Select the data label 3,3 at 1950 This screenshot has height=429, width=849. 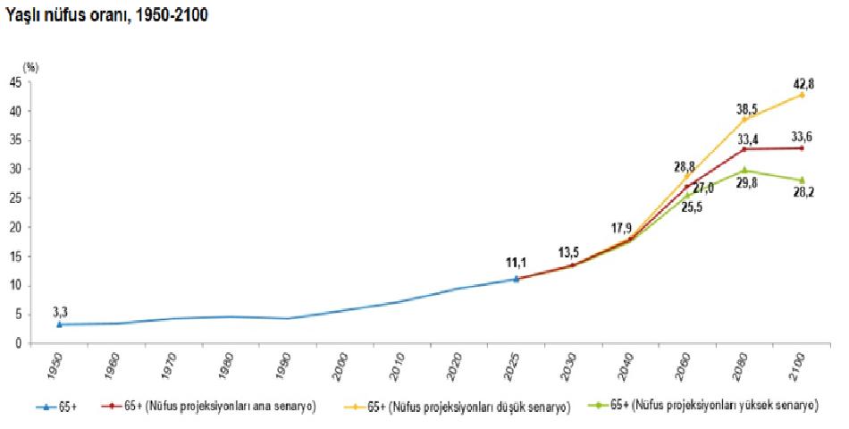click(x=60, y=311)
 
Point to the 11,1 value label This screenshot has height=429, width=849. click(x=517, y=262)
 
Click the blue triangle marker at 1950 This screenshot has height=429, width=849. click(x=60, y=324)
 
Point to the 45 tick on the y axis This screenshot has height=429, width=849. click(x=16, y=82)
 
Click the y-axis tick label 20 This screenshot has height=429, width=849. click(x=16, y=227)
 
